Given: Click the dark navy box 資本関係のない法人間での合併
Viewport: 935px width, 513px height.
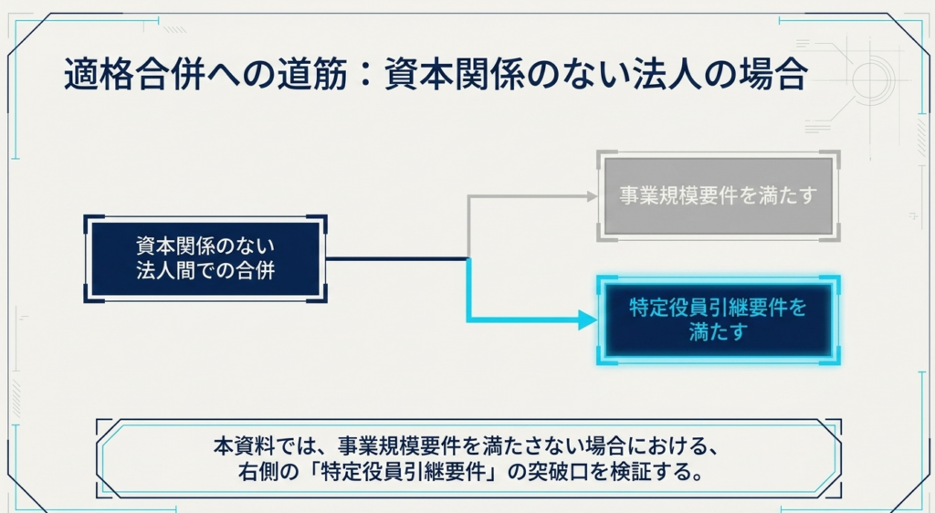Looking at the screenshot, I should click(x=205, y=258).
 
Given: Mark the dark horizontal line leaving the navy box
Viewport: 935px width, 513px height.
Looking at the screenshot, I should click(x=396, y=258).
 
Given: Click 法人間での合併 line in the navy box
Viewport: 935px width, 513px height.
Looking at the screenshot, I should click(x=205, y=270).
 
